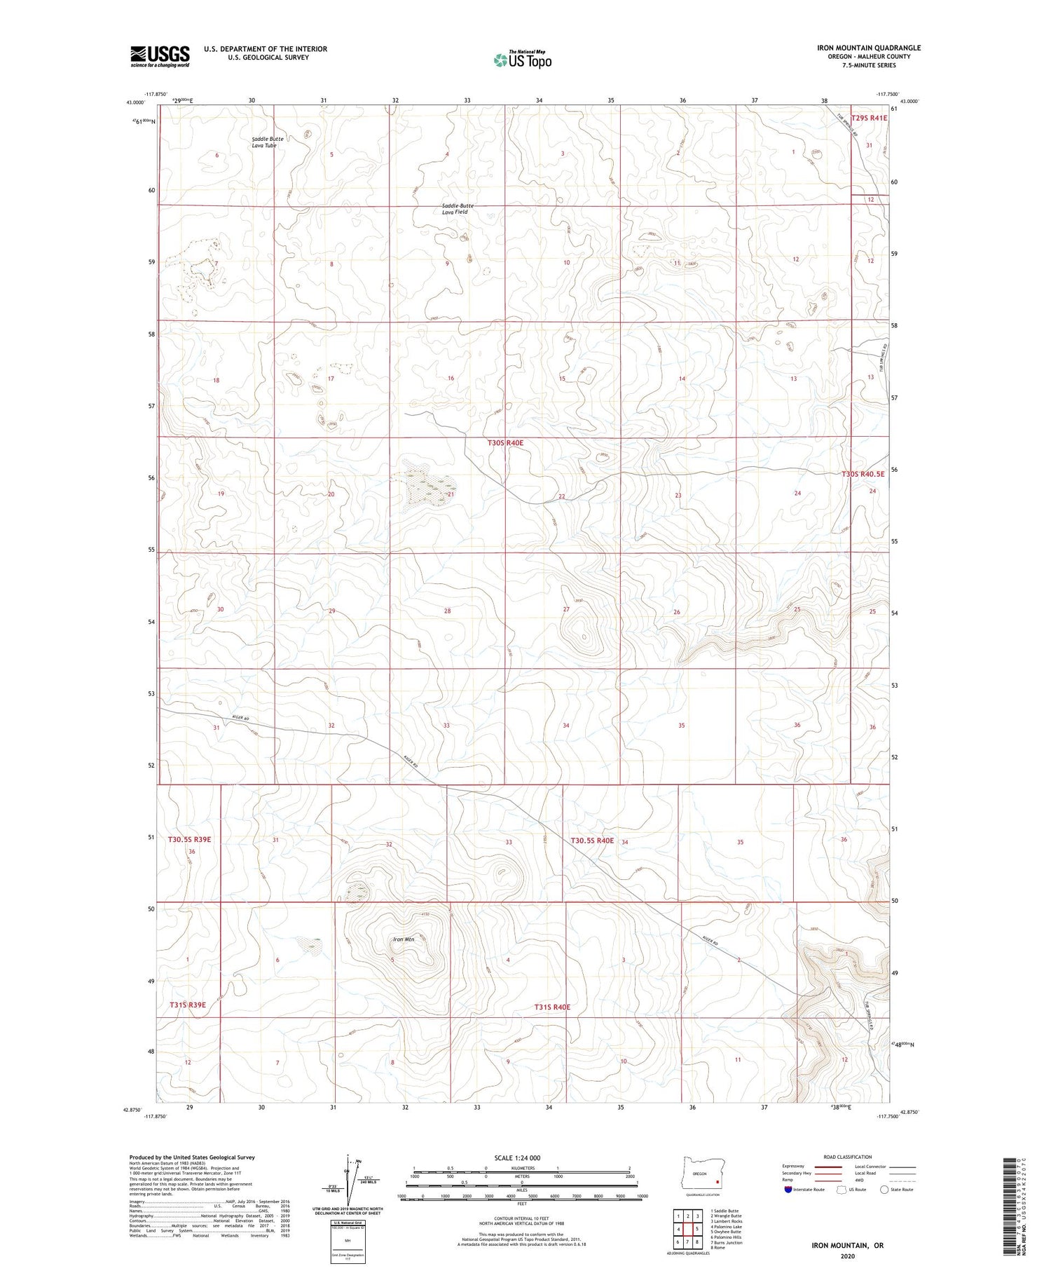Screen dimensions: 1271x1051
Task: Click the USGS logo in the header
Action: tap(160, 56)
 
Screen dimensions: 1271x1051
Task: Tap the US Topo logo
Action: tap(522, 60)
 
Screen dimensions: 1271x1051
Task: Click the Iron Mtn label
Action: tap(404, 939)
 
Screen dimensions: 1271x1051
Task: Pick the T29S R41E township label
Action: tap(869, 118)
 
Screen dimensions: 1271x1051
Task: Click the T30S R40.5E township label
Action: tap(863, 474)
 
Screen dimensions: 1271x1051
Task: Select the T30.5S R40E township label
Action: tap(592, 841)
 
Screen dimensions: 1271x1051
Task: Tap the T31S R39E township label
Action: tap(188, 1005)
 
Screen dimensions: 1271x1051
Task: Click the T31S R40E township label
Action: tap(552, 1007)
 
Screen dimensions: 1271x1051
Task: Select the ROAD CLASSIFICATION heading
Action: tap(848, 1157)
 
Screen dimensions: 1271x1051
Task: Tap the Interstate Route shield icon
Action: tap(788, 1189)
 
